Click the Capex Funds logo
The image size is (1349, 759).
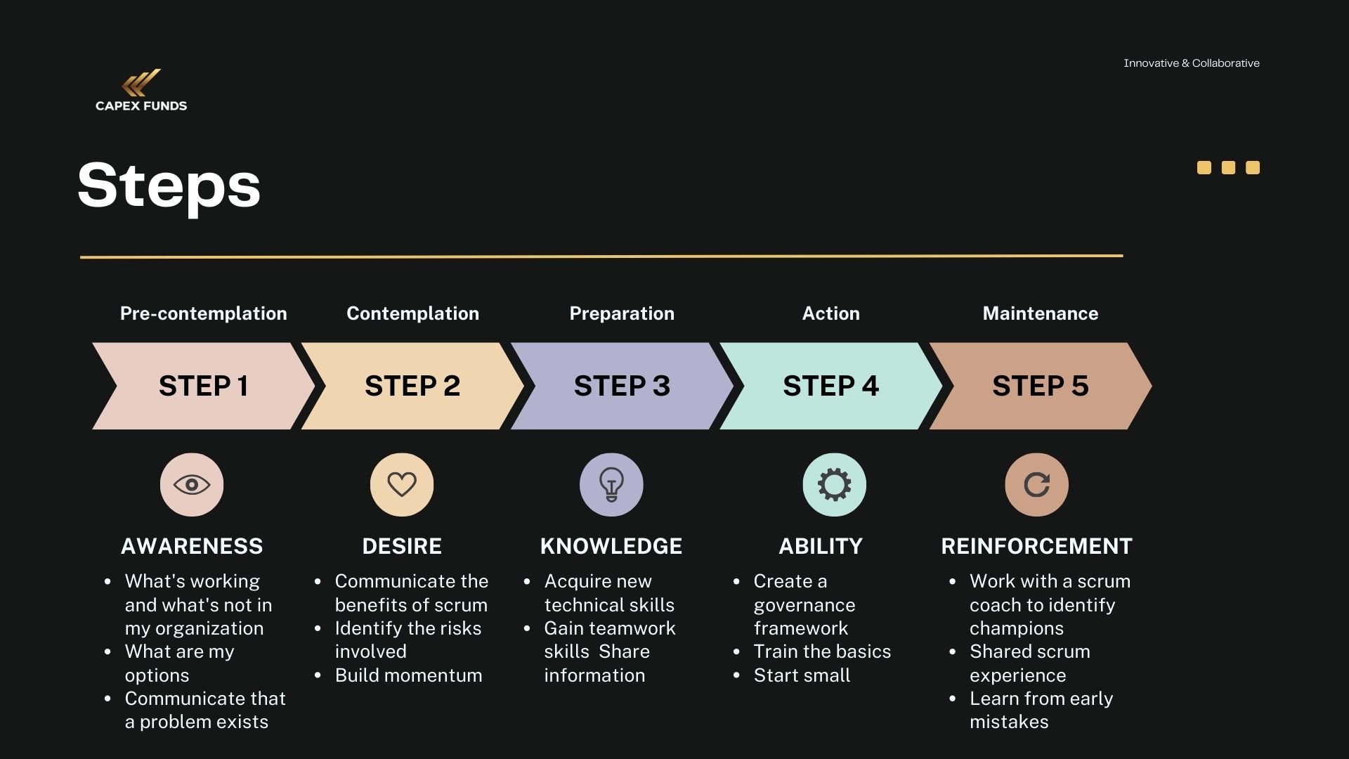[x=141, y=90]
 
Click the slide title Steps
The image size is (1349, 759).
[x=169, y=185]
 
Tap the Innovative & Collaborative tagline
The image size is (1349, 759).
[x=1191, y=63]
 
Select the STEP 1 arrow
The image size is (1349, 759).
[x=203, y=386]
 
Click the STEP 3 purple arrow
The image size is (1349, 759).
[x=622, y=386]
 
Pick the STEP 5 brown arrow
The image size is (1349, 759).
[x=1040, y=386]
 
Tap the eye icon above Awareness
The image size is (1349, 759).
[x=192, y=485]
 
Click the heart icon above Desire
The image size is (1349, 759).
[x=402, y=485]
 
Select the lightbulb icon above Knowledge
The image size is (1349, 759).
[x=611, y=485]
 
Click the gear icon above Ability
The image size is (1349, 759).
[x=834, y=485]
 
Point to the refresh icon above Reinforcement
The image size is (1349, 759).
[x=1036, y=485]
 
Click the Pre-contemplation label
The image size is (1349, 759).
[x=203, y=313]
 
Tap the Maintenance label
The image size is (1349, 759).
[x=1040, y=313]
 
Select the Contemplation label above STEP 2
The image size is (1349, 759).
[x=412, y=313]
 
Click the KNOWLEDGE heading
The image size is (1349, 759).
[x=611, y=546]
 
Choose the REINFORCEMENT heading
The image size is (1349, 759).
[x=1036, y=546]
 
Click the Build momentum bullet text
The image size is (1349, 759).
[x=408, y=675]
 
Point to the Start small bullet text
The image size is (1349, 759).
[x=802, y=675]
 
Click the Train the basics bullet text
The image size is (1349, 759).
[x=822, y=651]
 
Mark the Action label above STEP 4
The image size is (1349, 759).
[x=830, y=313]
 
